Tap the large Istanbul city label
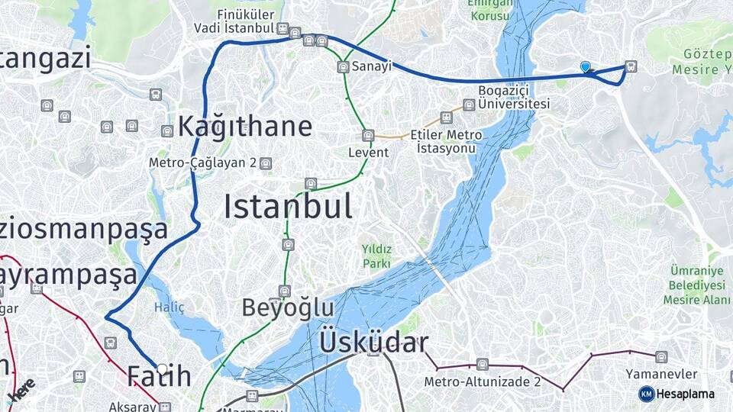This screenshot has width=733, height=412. point(288,207)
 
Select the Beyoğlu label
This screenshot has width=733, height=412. point(288,307)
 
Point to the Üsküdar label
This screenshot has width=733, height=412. point(373,343)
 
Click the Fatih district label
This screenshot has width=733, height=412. point(159,376)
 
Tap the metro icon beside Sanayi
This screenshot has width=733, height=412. point(344,67)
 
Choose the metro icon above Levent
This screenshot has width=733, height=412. point(368,136)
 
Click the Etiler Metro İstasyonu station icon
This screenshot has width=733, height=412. point(447,117)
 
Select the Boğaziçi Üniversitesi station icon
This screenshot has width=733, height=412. point(469,105)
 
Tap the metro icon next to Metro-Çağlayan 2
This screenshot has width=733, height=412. point(265,163)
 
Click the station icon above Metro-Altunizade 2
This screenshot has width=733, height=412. point(483,364)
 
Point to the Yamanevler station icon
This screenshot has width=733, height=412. point(661,356)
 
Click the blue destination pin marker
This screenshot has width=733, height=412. point(586,67)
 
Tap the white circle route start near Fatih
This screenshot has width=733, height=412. point(162,369)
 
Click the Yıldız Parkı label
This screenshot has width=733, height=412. point(376,256)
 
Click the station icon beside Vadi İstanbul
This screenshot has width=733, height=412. point(283,29)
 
